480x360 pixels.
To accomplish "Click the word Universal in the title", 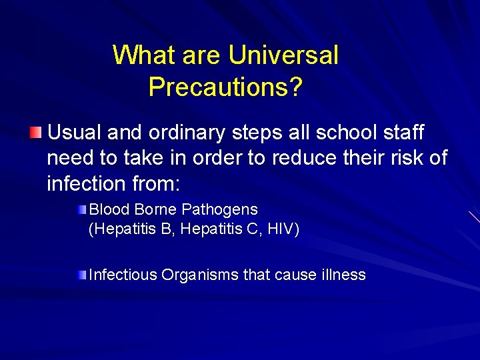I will [x=283, y=55].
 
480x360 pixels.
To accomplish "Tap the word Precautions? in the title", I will [x=226, y=87].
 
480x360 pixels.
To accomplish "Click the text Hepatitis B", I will [x=132, y=230].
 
